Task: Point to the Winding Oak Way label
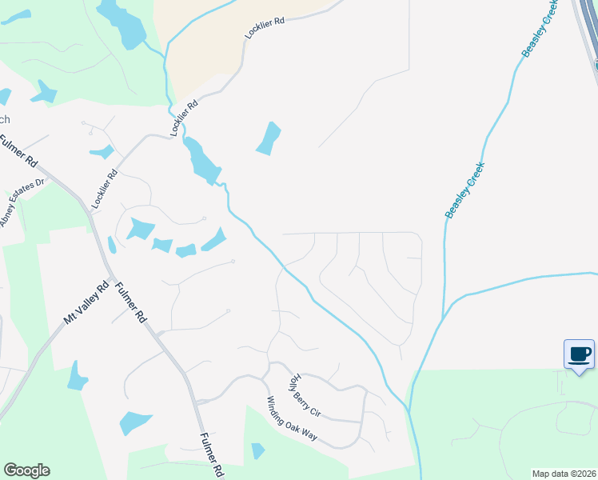coord(292,418)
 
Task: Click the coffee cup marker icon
coord(580,354)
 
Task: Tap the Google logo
coord(26,470)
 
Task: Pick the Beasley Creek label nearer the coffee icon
coord(465,190)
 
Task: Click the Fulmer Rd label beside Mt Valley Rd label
coord(130,303)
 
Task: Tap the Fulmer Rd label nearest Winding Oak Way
coord(209,453)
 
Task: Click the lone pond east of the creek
coord(269,138)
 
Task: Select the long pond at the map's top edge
coord(122,22)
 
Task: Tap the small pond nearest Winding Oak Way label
coord(257,451)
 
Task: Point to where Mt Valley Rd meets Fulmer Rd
coord(105,272)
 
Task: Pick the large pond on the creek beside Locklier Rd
coord(201,161)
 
